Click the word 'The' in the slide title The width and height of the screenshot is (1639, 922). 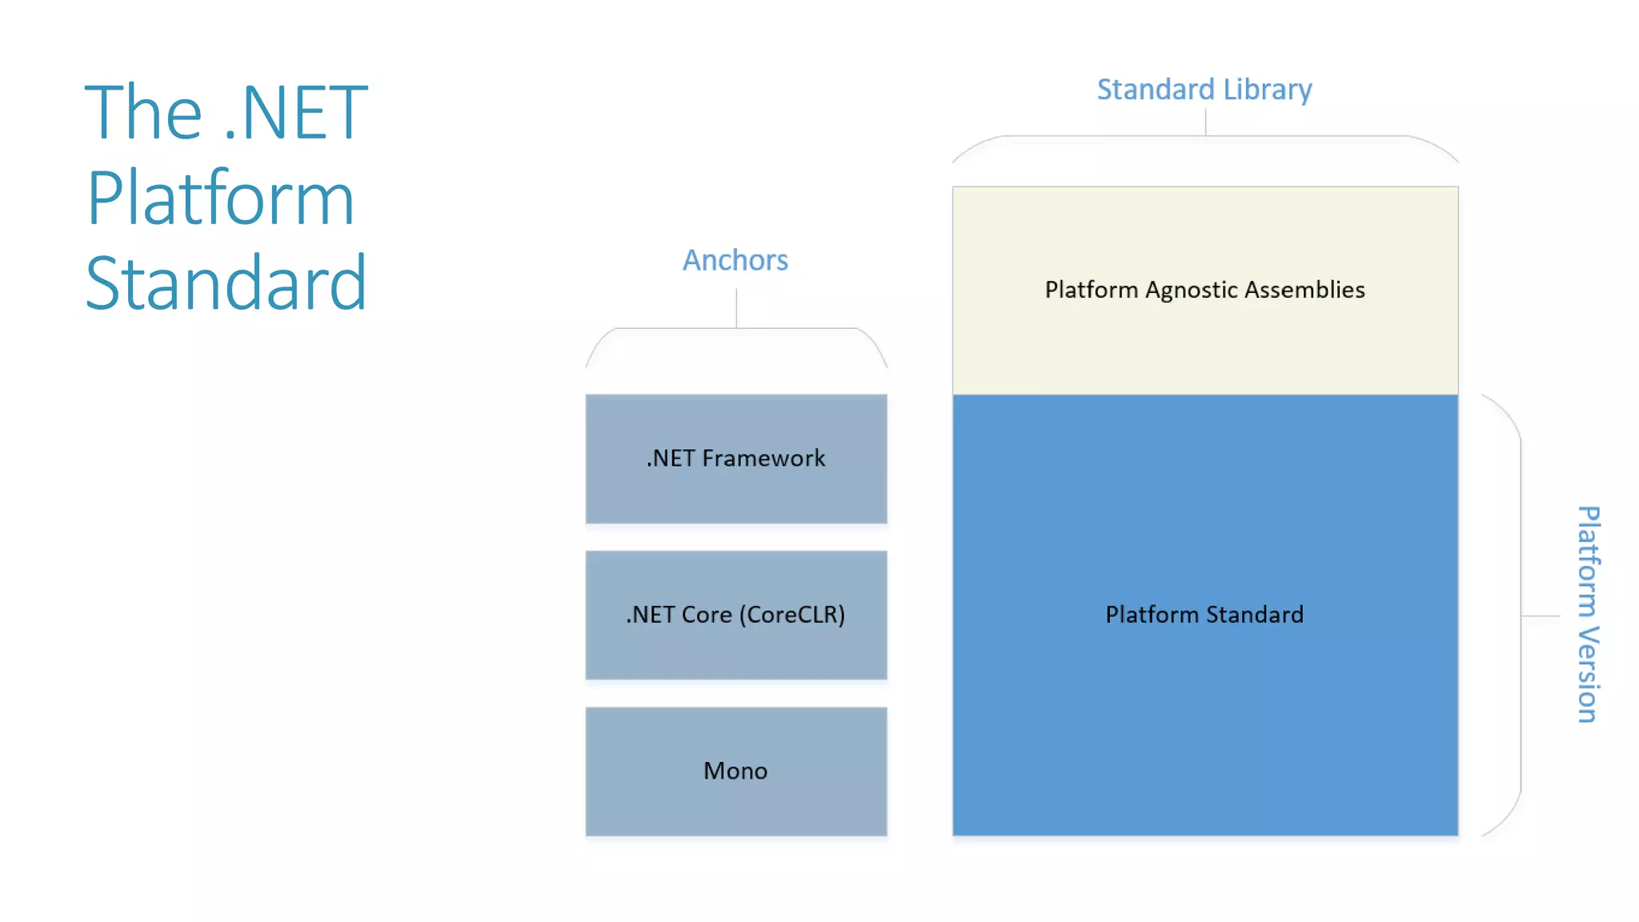tap(143, 113)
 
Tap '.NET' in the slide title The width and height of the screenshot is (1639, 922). tap(295, 113)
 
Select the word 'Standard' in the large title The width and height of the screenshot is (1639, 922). tap(226, 283)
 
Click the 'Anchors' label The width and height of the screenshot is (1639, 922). tap(735, 260)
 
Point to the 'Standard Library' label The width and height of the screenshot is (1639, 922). tap(1204, 90)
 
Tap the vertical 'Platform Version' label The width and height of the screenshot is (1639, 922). tap(1588, 615)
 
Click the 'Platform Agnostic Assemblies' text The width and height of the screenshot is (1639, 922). tap(1204, 290)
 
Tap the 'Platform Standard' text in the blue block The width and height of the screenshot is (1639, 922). tap(1204, 615)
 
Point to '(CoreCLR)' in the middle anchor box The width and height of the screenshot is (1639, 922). tap(791, 615)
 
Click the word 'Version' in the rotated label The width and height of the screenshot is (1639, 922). tap(1588, 675)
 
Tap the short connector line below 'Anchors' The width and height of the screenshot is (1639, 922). tap(736, 308)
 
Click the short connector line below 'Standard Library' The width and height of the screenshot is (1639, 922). tap(1205, 122)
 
